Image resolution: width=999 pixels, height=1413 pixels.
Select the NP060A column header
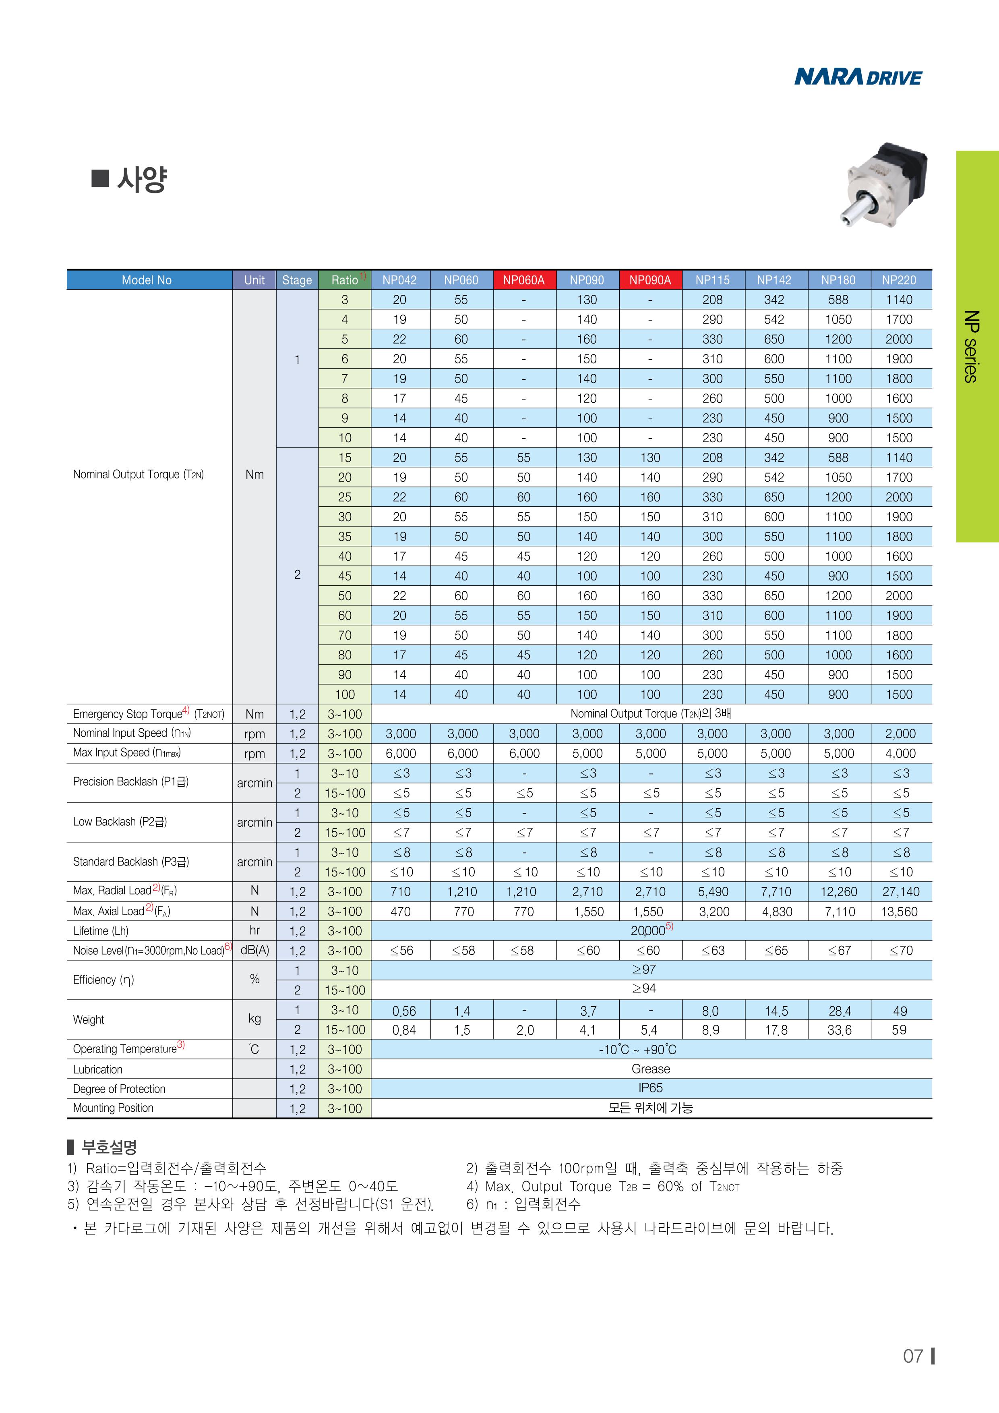coord(523,280)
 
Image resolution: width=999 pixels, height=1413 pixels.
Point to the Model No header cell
coord(147,280)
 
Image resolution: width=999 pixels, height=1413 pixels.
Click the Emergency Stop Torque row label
coord(148,714)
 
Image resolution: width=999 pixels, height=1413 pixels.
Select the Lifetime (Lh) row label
coord(101,930)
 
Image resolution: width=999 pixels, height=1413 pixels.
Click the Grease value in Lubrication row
coord(650,1069)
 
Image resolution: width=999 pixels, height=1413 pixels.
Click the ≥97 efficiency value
coord(644,970)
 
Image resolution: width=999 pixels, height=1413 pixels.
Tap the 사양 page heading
coord(141,180)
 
